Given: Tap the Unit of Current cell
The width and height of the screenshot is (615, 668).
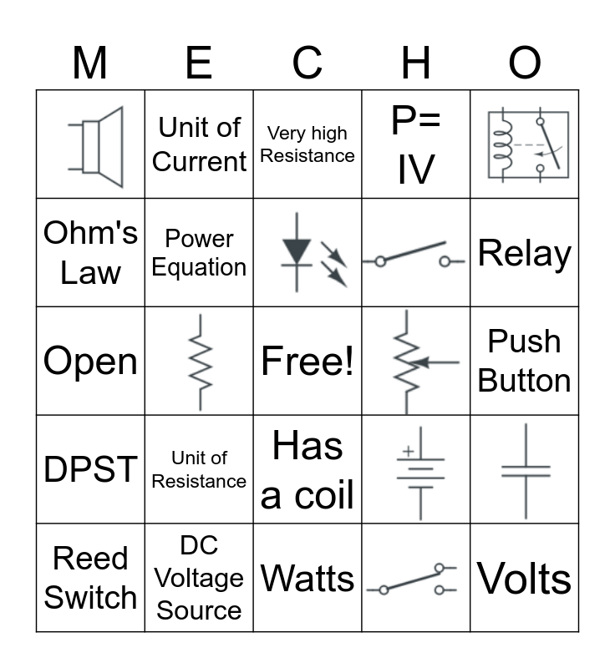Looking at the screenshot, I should click(199, 144).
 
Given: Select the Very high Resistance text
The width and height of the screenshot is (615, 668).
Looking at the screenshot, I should click(307, 144).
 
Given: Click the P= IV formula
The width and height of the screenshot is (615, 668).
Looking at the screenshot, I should click(416, 144).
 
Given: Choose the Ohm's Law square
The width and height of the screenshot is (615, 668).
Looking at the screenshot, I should click(90, 252).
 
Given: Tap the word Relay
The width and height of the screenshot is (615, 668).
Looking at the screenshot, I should click(525, 253).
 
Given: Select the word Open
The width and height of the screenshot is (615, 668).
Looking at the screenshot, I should click(90, 362).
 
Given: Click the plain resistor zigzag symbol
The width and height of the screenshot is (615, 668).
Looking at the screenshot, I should click(200, 362).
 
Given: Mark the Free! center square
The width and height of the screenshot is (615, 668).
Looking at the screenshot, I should click(307, 362).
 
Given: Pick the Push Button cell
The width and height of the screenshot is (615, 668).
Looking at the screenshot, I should click(525, 361).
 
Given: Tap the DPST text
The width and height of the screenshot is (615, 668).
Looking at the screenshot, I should click(90, 469).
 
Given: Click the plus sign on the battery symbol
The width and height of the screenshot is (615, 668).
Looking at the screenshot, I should click(408, 451).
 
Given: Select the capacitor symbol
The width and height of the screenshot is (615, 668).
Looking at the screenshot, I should click(526, 471).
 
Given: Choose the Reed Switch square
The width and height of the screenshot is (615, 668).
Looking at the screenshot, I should click(90, 578).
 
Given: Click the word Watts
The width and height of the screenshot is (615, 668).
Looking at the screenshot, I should click(307, 578).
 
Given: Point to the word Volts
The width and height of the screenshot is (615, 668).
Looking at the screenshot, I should click(525, 578).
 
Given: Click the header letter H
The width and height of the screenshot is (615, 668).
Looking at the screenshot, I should click(416, 63).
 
